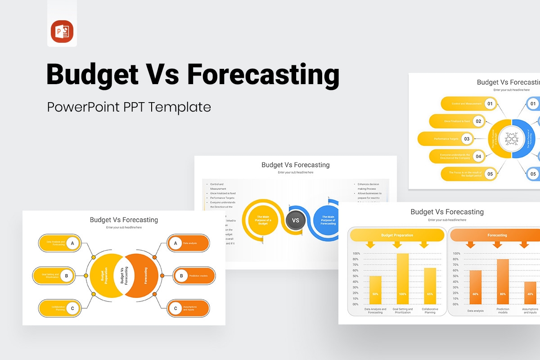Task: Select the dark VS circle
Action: click(296, 220)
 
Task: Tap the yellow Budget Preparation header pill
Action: click(397, 235)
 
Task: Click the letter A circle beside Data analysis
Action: click(175, 243)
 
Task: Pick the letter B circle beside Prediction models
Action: click(181, 276)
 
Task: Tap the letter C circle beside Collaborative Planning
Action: click(72, 308)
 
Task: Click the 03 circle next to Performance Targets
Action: click(467, 139)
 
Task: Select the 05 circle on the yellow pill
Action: click(490, 174)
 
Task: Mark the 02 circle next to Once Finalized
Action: click(478, 121)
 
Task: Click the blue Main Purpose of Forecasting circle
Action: click(328, 220)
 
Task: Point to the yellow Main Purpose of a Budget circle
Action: click(263, 220)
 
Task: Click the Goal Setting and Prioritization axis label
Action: click(403, 311)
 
